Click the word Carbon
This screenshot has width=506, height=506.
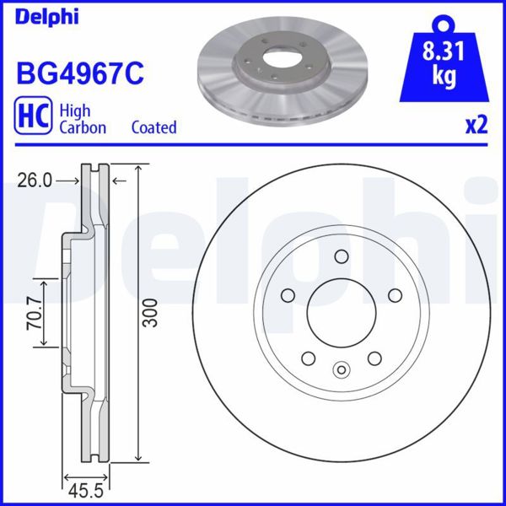pyautogui.click(x=82, y=127)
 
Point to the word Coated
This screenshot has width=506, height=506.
pyautogui.click(x=153, y=127)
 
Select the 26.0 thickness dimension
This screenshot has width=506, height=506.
pyautogui.click(x=35, y=180)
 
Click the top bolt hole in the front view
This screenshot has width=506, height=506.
pyautogui.click(x=342, y=256)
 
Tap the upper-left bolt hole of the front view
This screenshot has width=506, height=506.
pyautogui.click(x=288, y=295)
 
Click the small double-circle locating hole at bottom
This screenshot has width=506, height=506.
pyautogui.click(x=342, y=368)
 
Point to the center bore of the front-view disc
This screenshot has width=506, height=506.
pyautogui.click(x=342, y=313)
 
